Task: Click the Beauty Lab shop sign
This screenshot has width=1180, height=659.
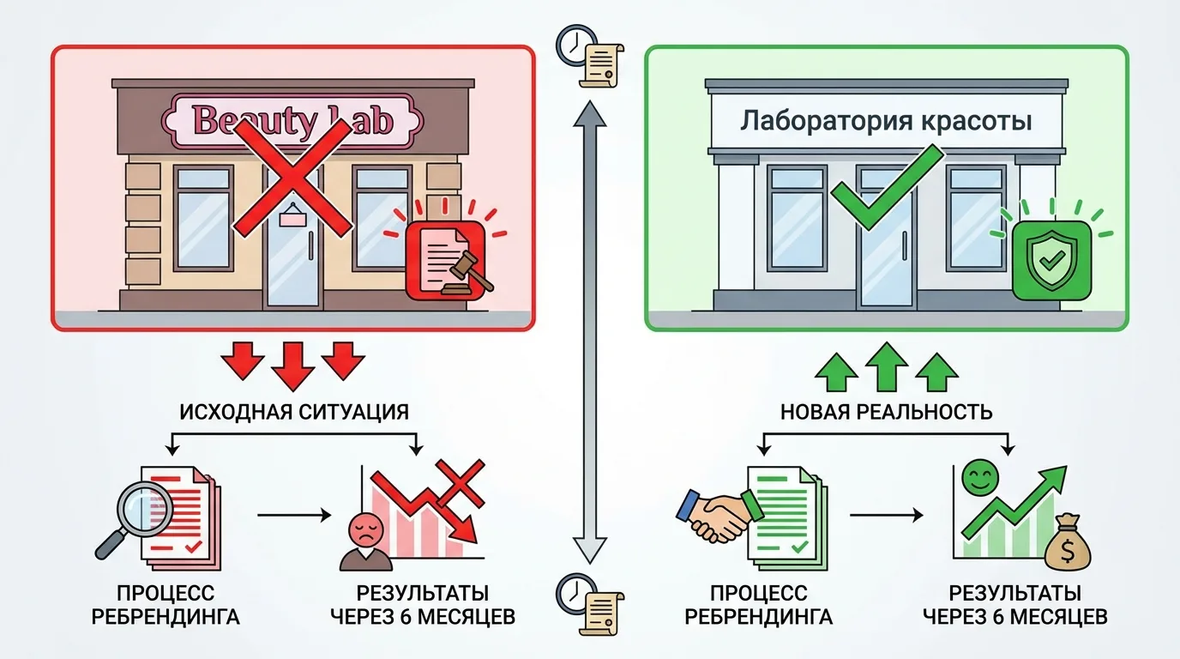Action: coord(292,120)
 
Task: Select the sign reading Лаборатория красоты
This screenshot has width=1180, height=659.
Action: coord(886,120)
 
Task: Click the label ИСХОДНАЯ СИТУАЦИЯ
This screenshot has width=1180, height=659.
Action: coord(294,411)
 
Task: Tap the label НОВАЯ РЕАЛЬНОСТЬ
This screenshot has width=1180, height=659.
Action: coord(886,411)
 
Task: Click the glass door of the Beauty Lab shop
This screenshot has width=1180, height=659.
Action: coord(291,257)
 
